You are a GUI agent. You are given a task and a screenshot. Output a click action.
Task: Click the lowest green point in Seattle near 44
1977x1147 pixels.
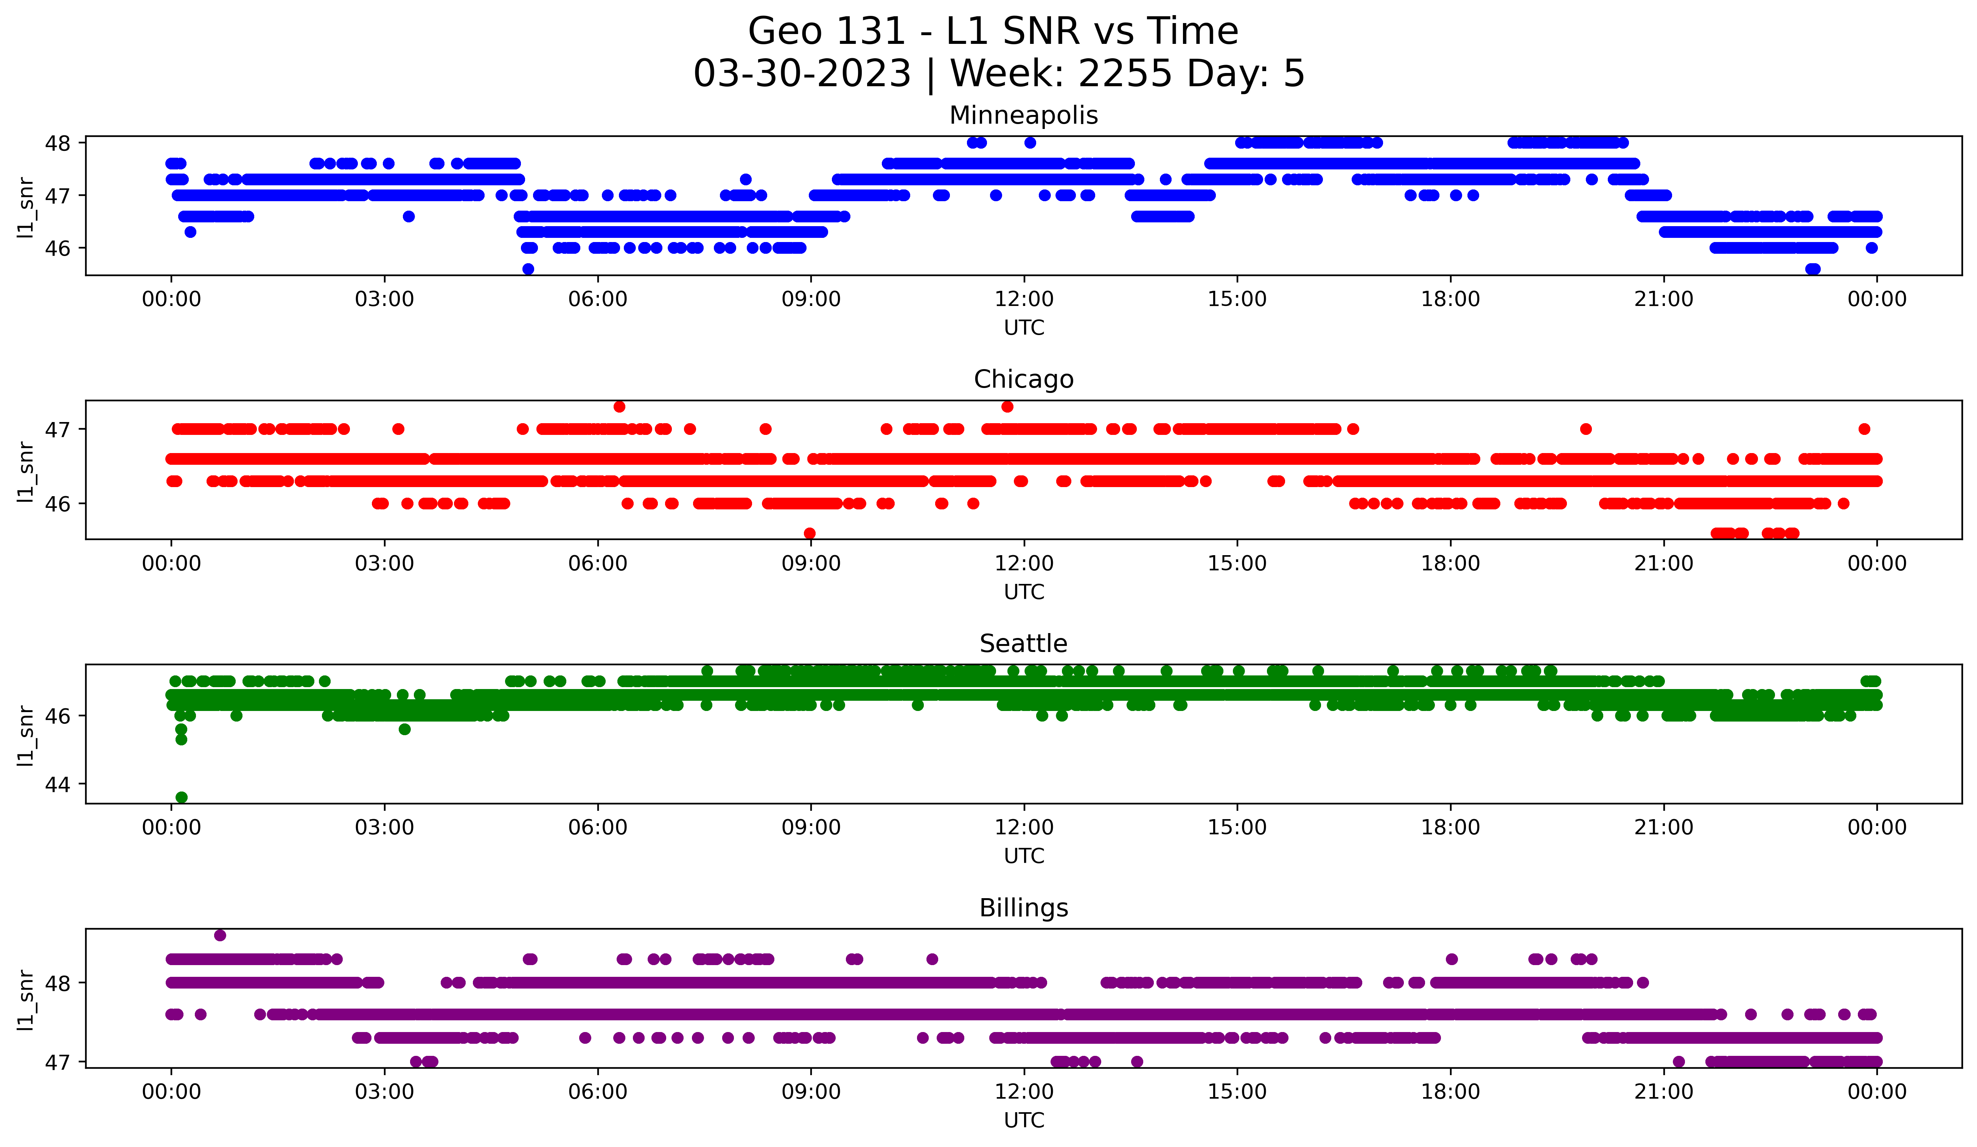[x=181, y=797]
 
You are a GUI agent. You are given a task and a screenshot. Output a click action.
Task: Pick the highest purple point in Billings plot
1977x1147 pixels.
[x=220, y=935]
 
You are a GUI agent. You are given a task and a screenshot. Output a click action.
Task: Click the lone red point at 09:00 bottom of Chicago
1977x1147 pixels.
[x=810, y=533]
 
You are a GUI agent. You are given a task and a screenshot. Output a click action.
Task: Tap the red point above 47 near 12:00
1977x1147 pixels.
[x=1007, y=406]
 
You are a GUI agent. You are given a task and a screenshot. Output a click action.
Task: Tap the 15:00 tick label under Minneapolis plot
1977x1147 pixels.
[x=1237, y=300]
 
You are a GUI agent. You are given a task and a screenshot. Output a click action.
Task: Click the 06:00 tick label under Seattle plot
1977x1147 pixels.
[x=598, y=828]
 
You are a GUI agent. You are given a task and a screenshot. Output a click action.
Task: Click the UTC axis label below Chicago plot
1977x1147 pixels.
[x=1024, y=592]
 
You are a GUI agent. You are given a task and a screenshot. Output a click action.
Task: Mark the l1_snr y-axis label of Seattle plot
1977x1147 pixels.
[x=25, y=735]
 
